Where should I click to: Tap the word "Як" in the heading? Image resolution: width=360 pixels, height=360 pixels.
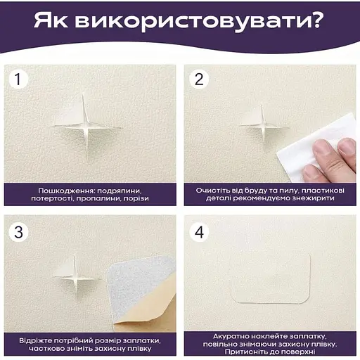[51, 20]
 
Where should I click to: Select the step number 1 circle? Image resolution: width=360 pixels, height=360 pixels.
[18, 79]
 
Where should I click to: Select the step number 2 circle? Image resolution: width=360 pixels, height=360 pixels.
[199, 79]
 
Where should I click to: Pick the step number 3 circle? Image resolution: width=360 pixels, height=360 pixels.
[18, 232]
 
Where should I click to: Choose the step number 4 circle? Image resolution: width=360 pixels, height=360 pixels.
[199, 232]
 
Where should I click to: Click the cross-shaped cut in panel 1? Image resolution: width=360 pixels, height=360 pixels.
[86, 128]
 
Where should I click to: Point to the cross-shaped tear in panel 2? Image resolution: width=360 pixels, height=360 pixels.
[263, 127]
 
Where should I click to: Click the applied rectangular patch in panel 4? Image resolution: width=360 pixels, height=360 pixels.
[271, 278]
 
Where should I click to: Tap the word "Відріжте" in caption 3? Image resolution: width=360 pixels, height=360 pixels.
[34, 340]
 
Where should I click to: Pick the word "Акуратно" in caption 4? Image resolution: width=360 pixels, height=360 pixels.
[231, 337]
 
